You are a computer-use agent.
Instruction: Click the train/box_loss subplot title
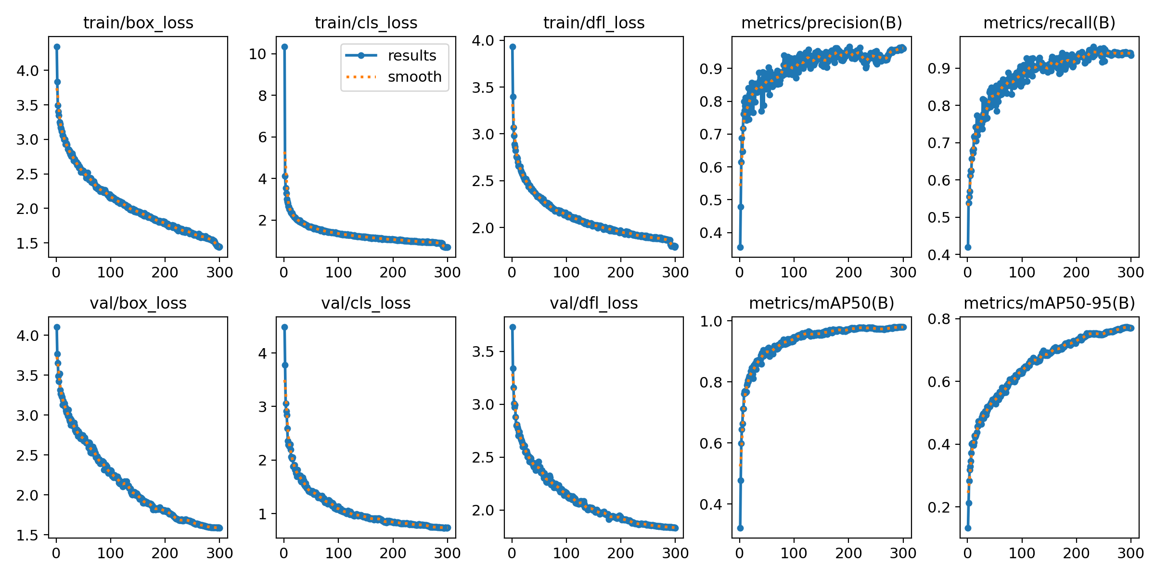click(138, 23)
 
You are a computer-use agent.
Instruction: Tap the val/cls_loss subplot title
click(366, 303)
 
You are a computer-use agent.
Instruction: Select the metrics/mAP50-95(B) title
click(1049, 303)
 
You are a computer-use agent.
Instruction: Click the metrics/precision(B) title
click(821, 23)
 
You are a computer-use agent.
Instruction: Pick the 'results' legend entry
click(412, 56)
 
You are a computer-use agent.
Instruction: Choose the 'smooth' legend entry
click(414, 77)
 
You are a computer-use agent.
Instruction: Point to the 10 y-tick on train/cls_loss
click(257, 54)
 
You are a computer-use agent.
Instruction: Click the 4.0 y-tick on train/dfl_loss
click(483, 40)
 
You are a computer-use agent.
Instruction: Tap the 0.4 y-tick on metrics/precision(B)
click(711, 233)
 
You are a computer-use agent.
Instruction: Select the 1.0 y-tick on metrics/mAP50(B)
click(711, 321)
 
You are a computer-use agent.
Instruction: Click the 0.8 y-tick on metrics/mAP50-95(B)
click(939, 319)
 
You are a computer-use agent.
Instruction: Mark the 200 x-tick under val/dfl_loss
click(620, 553)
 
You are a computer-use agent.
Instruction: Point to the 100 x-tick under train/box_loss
click(110, 273)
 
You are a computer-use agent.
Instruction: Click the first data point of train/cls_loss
click(284, 47)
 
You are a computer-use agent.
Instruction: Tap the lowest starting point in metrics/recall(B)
click(968, 247)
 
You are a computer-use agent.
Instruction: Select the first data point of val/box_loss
click(57, 327)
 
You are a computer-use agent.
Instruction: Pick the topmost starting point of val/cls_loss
click(284, 327)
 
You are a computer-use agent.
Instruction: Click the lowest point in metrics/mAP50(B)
click(740, 528)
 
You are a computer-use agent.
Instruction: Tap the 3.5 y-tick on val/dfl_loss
click(483, 352)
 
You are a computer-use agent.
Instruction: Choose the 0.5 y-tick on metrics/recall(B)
click(939, 218)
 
